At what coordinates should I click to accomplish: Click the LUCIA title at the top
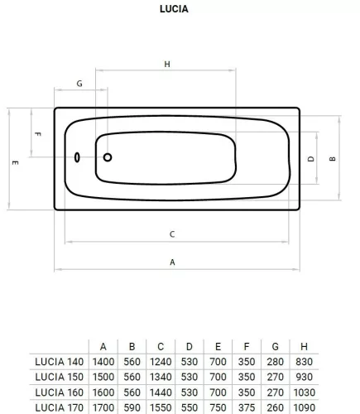tap(174, 9)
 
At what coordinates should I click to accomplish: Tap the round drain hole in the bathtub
tap(108, 157)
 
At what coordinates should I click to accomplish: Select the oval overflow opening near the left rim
tap(77, 157)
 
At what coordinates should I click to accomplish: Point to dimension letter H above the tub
tap(167, 65)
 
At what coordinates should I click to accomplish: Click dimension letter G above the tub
tap(79, 84)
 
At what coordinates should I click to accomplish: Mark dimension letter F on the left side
tap(38, 134)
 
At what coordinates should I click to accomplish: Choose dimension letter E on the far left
tap(15, 162)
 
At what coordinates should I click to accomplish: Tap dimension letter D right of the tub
tap(311, 159)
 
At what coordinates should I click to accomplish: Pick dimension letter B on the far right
tap(333, 159)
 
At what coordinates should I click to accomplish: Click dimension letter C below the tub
tap(172, 234)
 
